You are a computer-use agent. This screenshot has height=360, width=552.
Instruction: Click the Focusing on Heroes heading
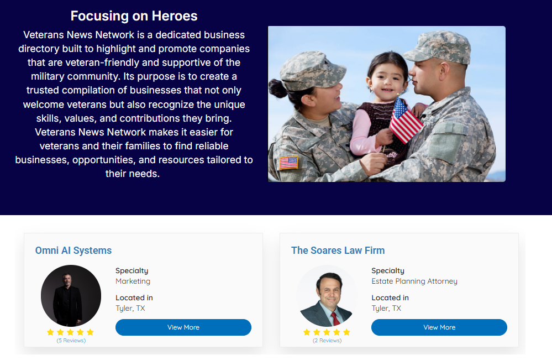click(x=134, y=16)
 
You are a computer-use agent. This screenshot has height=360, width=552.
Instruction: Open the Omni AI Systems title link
click(x=73, y=251)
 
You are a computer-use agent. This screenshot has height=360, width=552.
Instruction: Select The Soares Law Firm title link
click(x=338, y=251)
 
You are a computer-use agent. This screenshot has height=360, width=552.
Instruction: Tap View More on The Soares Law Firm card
click(x=439, y=327)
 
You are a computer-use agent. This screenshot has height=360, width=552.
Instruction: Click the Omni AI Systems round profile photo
click(x=71, y=295)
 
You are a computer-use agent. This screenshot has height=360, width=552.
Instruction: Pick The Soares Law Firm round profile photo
click(x=327, y=295)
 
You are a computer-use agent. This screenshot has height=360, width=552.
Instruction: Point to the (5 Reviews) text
click(x=71, y=341)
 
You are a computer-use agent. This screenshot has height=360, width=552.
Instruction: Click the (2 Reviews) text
click(x=327, y=341)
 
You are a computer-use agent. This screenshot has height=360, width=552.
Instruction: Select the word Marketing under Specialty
click(x=133, y=281)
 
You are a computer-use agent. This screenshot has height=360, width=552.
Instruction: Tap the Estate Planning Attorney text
click(x=414, y=281)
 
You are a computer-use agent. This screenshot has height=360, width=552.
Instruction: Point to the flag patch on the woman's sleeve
click(x=288, y=163)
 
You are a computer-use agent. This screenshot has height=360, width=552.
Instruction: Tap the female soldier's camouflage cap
click(x=310, y=70)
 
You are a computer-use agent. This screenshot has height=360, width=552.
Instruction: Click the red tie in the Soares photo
click(x=335, y=318)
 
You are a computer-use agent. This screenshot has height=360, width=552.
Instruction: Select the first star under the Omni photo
click(x=50, y=332)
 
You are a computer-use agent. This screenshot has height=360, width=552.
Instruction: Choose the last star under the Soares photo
click(x=347, y=332)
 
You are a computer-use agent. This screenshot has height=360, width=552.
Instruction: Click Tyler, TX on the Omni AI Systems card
click(x=130, y=308)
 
